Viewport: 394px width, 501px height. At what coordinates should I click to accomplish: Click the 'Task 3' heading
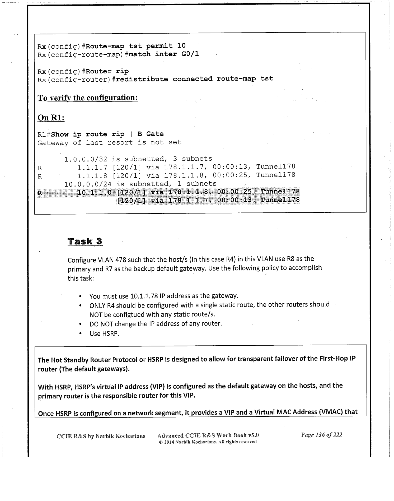pos(85,241)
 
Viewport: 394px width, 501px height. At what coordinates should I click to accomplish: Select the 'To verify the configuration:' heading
pos(88,98)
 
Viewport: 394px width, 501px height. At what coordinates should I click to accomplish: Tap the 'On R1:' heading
pos(51,117)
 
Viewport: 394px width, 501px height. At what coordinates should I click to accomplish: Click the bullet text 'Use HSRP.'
pos(104,333)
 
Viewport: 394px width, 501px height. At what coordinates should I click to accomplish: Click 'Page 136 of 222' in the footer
pos(321,435)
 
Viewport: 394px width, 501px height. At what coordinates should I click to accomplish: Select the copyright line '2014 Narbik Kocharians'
pos(207,442)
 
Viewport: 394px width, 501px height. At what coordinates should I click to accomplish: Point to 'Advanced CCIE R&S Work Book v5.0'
pos(208,435)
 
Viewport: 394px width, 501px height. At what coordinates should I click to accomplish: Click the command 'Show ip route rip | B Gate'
pos(107,134)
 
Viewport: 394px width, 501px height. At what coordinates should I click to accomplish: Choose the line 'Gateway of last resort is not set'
pos(109,142)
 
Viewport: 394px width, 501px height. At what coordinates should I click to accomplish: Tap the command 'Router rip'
pos(107,71)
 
